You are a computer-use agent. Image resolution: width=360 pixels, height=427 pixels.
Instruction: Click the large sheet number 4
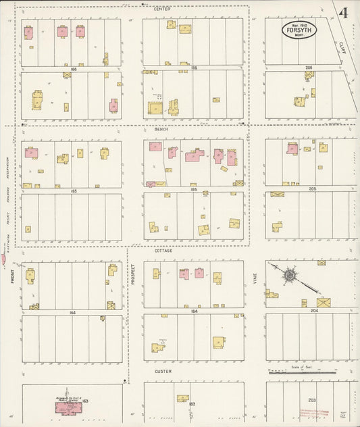pos(344,14)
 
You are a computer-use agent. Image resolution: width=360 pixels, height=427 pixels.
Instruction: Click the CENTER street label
pos(162,9)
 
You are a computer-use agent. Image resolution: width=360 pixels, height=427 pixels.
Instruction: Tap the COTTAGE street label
pos(163,251)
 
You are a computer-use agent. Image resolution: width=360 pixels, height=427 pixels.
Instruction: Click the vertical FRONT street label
pos(12,277)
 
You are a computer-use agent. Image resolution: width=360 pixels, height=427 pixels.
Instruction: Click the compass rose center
pos(290,275)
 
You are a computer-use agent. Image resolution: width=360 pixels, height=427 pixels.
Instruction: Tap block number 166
pos(73,68)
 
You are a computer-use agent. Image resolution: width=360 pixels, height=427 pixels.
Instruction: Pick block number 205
pos(312,189)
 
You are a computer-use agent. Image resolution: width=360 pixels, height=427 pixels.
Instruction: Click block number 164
pos(72,312)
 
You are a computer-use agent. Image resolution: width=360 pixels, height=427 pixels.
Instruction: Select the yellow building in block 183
pos(182,399)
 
